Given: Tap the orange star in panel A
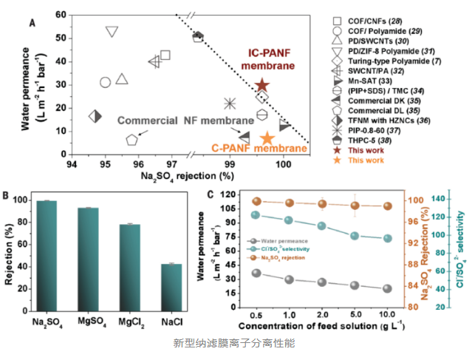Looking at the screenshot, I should [267, 138].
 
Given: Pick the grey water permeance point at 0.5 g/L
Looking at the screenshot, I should [256, 273].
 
